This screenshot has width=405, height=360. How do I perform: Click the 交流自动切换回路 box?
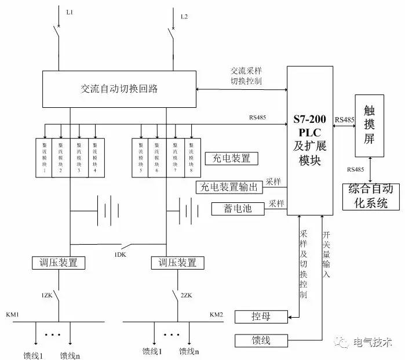tap(120, 89)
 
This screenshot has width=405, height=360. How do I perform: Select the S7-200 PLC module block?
tap(310, 140)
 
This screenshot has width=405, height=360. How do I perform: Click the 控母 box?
tap(261, 317)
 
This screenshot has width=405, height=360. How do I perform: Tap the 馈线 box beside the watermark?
tap(261, 340)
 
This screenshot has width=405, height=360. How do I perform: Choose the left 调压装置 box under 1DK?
tap(59, 263)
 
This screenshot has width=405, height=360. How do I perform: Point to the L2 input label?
tap(184, 16)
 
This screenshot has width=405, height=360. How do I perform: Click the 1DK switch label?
tap(121, 254)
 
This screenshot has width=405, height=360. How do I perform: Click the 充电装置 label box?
tap(232, 158)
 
